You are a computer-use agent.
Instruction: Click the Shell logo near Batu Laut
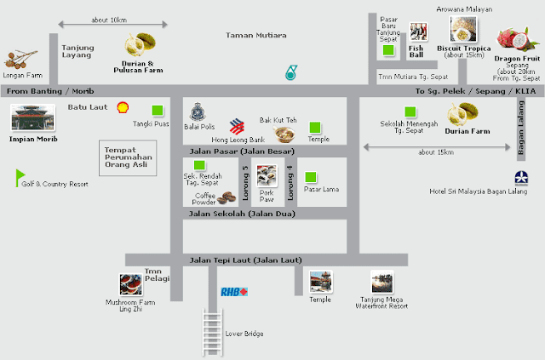(x=123, y=107)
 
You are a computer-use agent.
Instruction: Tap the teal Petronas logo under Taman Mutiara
(x=291, y=72)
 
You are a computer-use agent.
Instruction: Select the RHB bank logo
(x=234, y=292)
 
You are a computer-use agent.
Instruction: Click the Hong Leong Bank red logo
(x=237, y=127)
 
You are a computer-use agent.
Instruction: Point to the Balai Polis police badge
(x=198, y=111)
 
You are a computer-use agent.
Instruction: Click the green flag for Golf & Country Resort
(x=20, y=178)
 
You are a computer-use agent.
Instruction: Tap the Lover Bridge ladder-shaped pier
(x=212, y=332)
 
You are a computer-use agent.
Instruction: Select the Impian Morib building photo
(x=33, y=117)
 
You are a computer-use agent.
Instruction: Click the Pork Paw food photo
(x=267, y=176)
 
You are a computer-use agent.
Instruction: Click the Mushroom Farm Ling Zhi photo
(x=131, y=284)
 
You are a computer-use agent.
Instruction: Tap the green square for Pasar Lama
(x=310, y=177)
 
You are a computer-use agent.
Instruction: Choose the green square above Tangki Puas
(x=158, y=110)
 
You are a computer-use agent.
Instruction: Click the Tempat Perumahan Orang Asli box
(x=128, y=158)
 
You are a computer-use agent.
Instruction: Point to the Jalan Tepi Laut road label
(x=245, y=260)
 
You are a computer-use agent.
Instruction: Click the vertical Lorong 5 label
(x=245, y=182)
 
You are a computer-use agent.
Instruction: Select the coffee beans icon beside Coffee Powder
(x=227, y=197)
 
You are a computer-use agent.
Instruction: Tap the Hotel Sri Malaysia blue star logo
(x=521, y=178)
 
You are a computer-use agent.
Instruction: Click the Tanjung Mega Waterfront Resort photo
(x=382, y=282)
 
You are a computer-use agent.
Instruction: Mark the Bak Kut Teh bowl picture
(x=284, y=134)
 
